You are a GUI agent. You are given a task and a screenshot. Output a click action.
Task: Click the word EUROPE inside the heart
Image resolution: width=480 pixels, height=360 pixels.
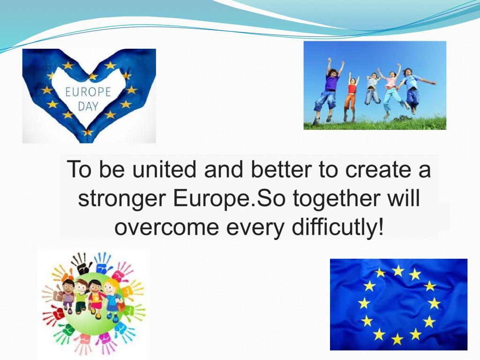click(88, 92)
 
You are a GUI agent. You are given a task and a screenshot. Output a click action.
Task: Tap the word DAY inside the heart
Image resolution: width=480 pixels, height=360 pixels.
click(88, 106)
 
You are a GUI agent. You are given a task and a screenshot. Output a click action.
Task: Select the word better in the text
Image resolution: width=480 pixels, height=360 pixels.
click(281, 169)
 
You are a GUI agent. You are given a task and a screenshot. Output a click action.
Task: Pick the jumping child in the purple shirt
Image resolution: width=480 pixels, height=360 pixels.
click(329, 90)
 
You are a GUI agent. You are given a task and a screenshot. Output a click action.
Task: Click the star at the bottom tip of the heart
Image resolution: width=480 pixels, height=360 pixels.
click(88, 132)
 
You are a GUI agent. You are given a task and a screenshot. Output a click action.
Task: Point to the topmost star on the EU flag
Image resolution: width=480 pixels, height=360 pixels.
click(398, 270)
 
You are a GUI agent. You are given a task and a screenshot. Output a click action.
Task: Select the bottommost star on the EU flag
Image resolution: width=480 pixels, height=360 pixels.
click(397, 339)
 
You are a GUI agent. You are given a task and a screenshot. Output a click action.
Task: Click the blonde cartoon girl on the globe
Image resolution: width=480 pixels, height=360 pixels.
click(112, 300)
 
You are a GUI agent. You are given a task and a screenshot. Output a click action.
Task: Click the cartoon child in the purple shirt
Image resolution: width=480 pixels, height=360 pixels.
click(68, 296)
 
